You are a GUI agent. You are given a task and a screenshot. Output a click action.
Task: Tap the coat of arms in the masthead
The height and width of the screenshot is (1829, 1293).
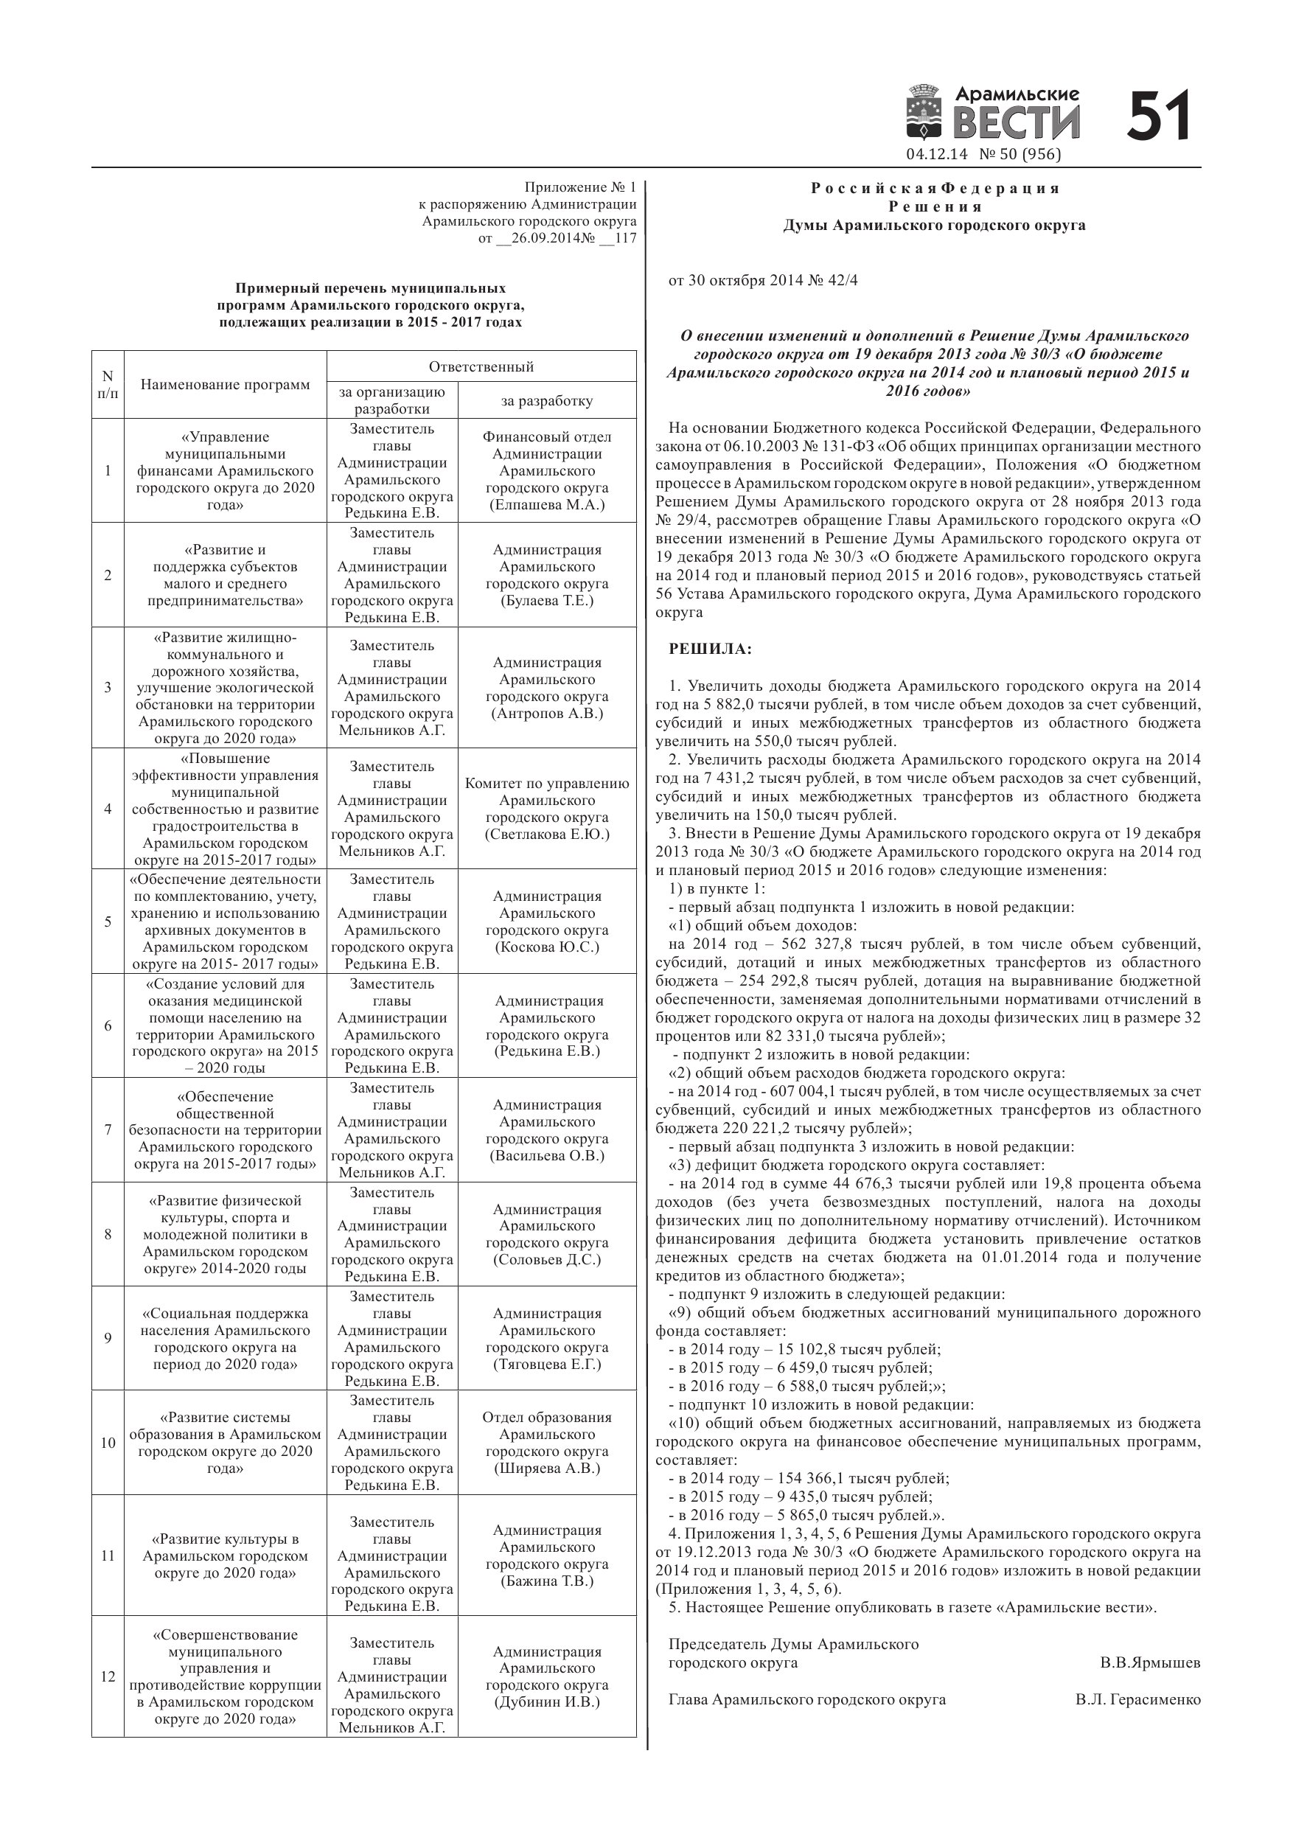(924, 115)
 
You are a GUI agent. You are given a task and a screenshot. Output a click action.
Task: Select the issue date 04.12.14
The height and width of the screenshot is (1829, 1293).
(936, 155)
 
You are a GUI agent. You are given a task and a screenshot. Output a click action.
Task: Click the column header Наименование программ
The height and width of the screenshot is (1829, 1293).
(225, 385)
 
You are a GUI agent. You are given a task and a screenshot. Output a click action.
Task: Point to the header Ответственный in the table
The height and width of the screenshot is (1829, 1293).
(481, 366)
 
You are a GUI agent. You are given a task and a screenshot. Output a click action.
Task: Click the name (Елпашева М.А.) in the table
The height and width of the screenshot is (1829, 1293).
(546, 505)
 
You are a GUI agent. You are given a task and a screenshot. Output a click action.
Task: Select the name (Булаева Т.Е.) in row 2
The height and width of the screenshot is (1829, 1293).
(546, 601)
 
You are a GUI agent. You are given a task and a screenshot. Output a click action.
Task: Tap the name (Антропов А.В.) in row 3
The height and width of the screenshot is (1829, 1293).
(546, 714)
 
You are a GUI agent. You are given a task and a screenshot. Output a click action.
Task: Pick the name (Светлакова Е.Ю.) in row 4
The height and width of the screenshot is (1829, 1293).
(546, 834)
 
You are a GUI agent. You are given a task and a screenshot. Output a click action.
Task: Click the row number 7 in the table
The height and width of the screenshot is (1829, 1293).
(108, 1129)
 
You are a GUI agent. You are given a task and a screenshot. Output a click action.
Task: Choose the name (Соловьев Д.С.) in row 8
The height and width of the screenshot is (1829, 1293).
(546, 1259)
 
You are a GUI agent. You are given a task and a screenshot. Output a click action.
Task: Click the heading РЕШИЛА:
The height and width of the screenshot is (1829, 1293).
(710, 649)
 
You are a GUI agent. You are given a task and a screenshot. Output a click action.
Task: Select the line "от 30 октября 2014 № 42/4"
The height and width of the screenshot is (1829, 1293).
(762, 280)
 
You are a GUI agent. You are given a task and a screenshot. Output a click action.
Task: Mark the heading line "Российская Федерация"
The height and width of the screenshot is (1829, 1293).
(935, 189)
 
